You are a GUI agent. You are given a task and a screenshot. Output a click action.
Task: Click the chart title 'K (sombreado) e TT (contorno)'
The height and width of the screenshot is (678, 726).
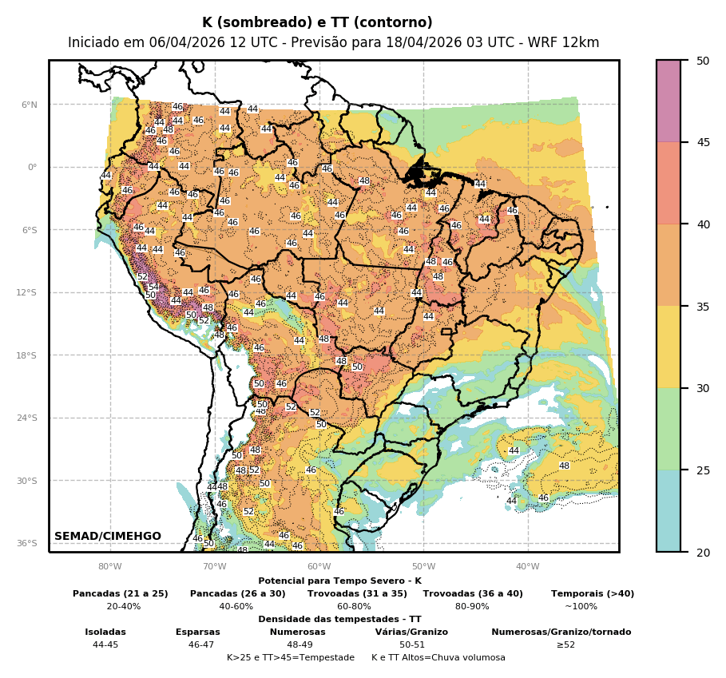click(317, 23)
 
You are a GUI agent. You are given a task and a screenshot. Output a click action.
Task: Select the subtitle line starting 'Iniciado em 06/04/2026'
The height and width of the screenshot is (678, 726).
click(333, 42)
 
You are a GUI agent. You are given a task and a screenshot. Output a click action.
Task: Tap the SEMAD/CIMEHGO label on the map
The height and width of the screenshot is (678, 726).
click(108, 536)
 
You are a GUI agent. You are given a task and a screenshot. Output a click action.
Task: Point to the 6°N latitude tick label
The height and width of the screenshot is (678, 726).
click(29, 105)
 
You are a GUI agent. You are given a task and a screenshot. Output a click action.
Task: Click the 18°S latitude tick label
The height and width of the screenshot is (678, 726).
click(27, 355)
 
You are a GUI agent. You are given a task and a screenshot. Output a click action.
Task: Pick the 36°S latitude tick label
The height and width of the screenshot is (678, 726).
click(27, 543)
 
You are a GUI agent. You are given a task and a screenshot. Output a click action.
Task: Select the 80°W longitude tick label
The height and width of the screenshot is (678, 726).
click(110, 567)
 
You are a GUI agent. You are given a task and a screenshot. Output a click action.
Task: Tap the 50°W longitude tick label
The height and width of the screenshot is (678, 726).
click(423, 567)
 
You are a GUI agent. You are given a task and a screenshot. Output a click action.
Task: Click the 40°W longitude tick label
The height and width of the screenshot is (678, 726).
click(527, 567)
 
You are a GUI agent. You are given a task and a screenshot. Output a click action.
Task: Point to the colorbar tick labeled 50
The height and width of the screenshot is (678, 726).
click(703, 61)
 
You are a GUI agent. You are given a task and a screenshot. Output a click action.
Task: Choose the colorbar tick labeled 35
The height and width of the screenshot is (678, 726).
click(703, 307)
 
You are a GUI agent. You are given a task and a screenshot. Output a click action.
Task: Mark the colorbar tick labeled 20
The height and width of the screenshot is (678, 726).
click(703, 553)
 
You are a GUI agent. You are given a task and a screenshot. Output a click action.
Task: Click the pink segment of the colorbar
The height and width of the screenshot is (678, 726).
click(668, 101)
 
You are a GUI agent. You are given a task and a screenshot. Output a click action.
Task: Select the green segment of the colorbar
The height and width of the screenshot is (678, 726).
click(668, 429)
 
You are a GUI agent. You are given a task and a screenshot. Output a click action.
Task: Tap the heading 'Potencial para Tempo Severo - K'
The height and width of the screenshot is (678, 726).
click(339, 581)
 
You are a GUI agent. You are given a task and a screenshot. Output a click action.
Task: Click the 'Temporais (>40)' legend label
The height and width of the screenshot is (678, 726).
click(592, 593)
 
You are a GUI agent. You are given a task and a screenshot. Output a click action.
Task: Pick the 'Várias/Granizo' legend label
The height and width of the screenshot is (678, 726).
click(411, 632)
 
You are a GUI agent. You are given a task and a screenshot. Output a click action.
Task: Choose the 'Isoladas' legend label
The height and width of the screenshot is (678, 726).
click(105, 632)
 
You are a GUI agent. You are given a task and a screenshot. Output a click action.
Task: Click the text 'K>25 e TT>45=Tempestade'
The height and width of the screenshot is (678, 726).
click(291, 657)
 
